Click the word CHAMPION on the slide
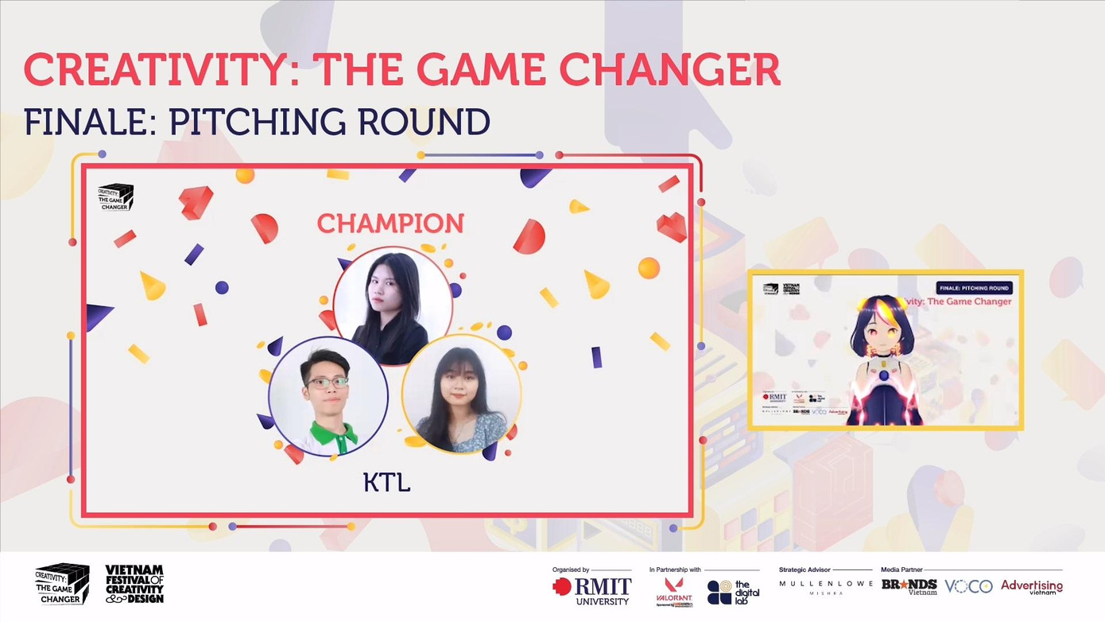tap(390, 224)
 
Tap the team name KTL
tap(386, 482)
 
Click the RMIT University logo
tap(592, 591)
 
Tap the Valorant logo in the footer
tap(674, 591)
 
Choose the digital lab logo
tap(733, 592)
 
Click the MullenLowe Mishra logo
tap(824, 587)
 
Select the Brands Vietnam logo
tap(909, 587)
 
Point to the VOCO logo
tap(968, 586)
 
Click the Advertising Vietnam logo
tap(1031, 587)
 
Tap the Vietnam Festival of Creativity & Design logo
tap(134, 584)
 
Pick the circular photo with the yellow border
tap(461, 395)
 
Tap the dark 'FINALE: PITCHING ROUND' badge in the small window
tap(973, 288)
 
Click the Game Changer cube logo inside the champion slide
tap(115, 196)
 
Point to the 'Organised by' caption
tap(571, 570)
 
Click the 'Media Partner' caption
tap(901, 570)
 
